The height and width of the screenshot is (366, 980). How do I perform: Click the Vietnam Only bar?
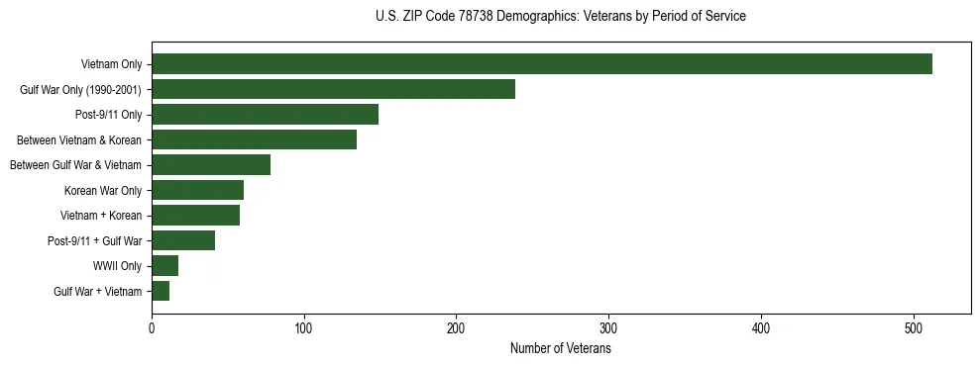click(x=542, y=64)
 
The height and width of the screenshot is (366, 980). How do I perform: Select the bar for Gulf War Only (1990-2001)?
click(x=333, y=89)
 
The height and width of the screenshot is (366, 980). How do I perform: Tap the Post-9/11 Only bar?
click(x=265, y=115)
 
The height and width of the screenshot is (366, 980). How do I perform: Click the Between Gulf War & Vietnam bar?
click(x=211, y=165)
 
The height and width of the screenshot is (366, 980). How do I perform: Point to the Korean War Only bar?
click(x=197, y=190)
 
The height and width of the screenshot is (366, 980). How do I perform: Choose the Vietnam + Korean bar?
click(x=195, y=216)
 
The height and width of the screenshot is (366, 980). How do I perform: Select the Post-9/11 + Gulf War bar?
click(x=183, y=240)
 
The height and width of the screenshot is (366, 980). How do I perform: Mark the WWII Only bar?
click(x=164, y=266)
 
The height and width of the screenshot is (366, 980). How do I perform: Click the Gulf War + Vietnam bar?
click(x=161, y=291)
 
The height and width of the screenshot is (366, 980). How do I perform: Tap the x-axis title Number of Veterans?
click(x=561, y=349)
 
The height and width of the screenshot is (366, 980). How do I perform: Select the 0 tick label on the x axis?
click(x=152, y=328)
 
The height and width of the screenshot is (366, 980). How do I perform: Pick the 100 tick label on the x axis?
click(x=304, y=328)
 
